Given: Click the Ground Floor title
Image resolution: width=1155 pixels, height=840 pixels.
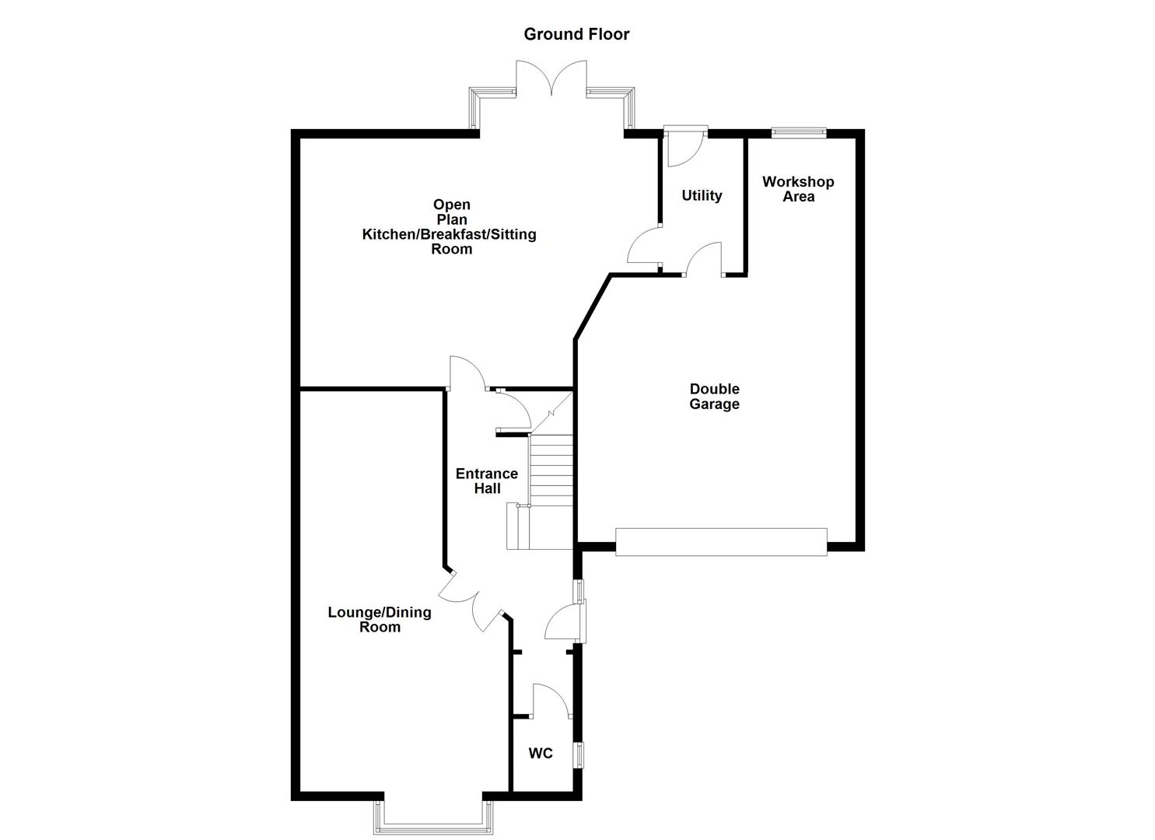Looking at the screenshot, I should [x=576, y=34].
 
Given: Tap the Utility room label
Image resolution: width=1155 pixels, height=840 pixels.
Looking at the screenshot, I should [x=702, y=196].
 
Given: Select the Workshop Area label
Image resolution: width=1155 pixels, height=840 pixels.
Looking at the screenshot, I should [x=798, y=189].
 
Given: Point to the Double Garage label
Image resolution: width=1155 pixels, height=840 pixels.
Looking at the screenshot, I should [x=714, y=397].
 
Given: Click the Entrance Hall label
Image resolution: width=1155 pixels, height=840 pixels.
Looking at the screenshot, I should [x=487, y=481].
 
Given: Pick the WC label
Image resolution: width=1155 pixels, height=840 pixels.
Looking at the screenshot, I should [x=541, y=754].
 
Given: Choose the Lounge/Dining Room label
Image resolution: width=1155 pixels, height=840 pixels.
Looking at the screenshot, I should [x=380, y=619].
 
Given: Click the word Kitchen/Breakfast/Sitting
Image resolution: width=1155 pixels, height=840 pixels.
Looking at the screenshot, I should [x=449, y=234].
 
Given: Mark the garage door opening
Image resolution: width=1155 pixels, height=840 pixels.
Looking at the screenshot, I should [x=721, y=542].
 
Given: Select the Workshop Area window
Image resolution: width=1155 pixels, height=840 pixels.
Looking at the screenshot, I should [x=799, y=133].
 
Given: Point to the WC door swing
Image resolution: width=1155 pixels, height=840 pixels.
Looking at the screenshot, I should [x=550, y=700].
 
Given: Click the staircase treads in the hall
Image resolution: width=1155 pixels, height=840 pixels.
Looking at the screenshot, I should [x=551, y=470].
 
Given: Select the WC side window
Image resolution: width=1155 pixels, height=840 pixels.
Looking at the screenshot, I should [x=579, y=754].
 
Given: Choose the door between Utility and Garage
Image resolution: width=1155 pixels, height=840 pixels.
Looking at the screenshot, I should [x=704, y=259].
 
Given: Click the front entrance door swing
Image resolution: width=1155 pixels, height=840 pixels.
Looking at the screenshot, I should [x=564, y=622].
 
